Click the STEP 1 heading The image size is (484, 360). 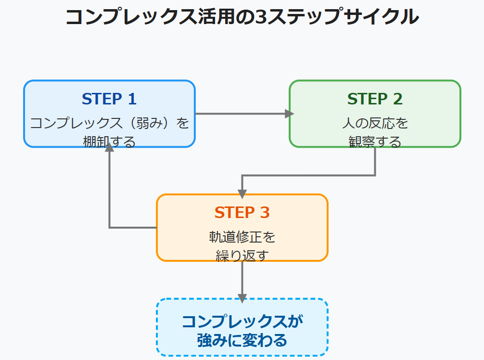tap(109, 99)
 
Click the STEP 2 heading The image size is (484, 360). tap(375, 99)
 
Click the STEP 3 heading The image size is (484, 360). tap(242, 213)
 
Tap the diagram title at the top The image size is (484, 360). tap(242, 17)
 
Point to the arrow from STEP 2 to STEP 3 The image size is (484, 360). tap(308, 176)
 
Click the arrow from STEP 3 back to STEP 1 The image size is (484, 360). tap(110, 193)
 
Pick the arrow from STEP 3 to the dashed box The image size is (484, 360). tap(242, 279)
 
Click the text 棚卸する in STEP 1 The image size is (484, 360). tap(109, 142)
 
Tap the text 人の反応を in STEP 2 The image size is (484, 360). tap(375, 123)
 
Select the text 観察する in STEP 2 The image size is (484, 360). tap(375, 142)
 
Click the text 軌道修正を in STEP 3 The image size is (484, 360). tap(242, 237)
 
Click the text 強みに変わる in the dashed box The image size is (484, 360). tap(242, 341)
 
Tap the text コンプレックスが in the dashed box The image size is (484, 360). tap(242, 321)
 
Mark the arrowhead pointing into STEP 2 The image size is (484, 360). tap(289, 114)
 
